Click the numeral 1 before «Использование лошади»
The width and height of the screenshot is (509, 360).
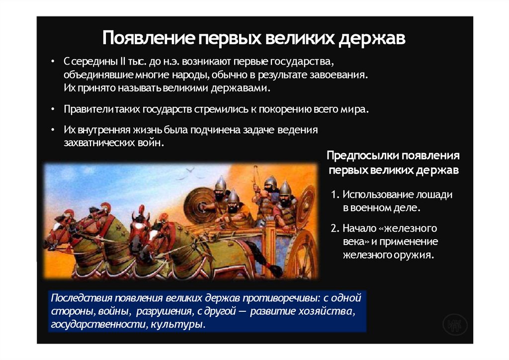[334, 195]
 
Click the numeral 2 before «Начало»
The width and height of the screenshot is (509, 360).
[335, 229]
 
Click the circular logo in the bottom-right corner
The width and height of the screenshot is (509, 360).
[454, 325]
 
